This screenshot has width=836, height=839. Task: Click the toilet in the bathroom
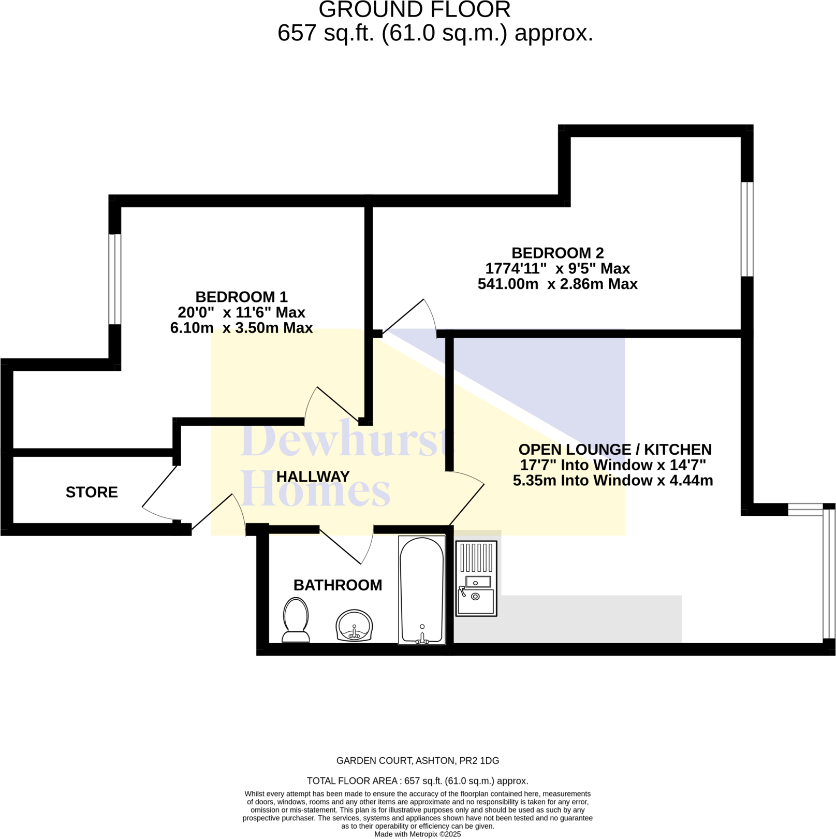pos(296,619)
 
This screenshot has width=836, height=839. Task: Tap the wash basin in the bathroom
pos(354,625)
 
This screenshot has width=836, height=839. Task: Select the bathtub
pos(422,590)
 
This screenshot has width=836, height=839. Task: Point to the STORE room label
pos(92,492)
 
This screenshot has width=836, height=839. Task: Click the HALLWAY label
pos(313,476)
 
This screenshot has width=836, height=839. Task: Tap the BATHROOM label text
pos(338,585)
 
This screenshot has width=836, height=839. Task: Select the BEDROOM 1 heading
pos(241,297)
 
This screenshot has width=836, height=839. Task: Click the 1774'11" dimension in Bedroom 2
pos(516,268)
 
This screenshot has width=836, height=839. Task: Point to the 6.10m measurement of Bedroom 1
pos(192,328)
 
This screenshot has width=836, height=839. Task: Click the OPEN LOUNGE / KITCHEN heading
pos(615,449)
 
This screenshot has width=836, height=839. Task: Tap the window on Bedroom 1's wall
pos(115,279)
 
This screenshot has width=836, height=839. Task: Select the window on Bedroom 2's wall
pos(746,229)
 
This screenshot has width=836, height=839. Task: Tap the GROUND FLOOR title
pos(414,9)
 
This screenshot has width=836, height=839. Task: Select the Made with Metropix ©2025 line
pos(417,834)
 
